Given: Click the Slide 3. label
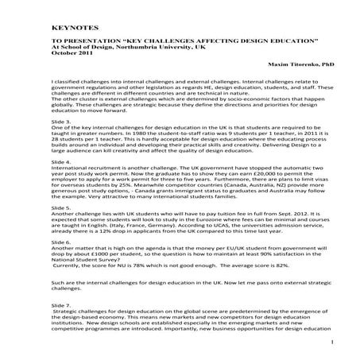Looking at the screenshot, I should pos(61,121).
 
